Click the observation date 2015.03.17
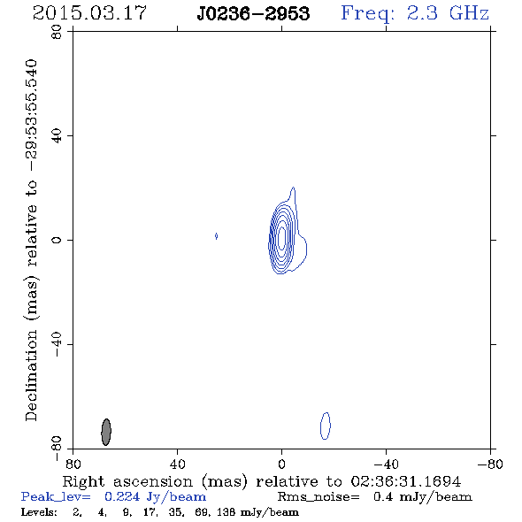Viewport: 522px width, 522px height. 89,13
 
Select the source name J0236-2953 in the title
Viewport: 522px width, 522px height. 253,13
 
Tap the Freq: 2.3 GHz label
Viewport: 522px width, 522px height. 415,13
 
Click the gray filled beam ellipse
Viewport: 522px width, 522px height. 106,432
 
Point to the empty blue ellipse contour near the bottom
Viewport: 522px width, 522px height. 321,426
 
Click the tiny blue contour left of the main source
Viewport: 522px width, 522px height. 217,236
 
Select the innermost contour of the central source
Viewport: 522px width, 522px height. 282,238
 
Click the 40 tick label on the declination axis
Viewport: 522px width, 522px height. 57,136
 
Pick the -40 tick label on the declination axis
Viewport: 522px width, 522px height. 57,344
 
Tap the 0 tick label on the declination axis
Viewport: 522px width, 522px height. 57,240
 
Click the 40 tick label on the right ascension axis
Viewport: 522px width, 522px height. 177,464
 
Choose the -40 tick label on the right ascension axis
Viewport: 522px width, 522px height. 386,464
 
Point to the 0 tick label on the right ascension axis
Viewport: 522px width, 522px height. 281,464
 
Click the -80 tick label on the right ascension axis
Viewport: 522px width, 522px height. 490,464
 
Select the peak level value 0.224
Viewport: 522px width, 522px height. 122,496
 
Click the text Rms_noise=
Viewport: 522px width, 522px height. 319,497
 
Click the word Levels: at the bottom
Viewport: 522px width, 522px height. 39,512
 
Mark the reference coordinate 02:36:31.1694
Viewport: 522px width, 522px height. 406,481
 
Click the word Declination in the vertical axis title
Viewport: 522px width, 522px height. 31,375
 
